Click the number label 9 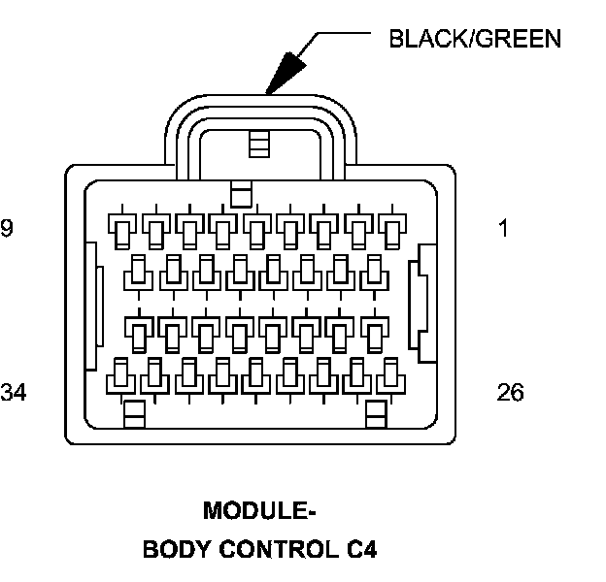click(7, 230)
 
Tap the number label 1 click(503, 230)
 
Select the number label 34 click(13, 393)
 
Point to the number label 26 click(509, 393)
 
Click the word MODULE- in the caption click(259, 511)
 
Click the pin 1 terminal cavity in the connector click(391, 231)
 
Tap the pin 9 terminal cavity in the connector click(121, 231)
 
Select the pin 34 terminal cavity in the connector click(121, 373)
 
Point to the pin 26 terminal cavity click(391, 373)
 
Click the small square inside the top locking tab click(257, 144)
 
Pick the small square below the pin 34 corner click(134, 414)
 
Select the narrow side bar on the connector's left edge click(91, 306)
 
